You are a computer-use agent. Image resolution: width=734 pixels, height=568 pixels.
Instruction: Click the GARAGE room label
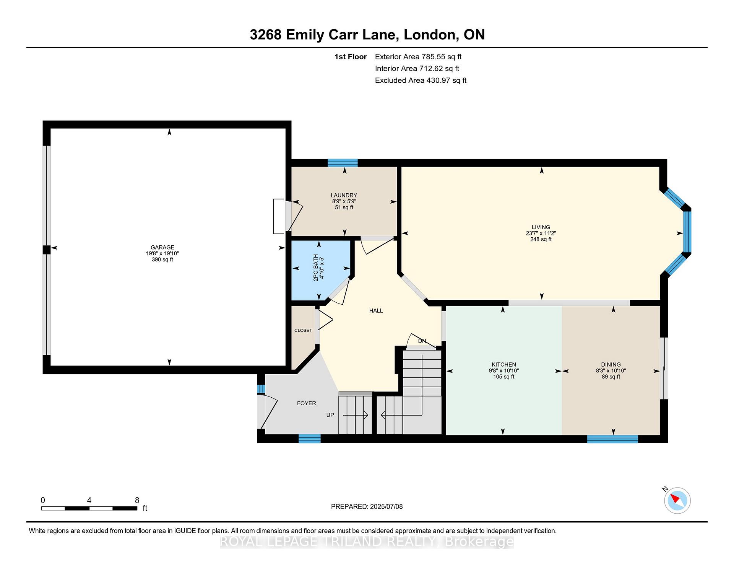click(x=162, y=247)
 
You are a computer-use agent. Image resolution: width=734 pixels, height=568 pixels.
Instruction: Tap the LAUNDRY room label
click(x=344, y=195)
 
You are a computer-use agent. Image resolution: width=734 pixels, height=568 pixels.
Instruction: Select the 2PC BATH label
click(x=316, y=268)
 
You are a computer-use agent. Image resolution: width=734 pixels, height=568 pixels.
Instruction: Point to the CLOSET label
click(x=303, y=330)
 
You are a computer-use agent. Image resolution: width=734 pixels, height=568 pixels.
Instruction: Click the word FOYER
click(x=307, y=403)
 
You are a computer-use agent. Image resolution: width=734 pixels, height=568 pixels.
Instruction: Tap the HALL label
click(x=376, y=311)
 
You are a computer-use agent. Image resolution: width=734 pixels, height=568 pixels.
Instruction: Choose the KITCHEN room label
click(x=504, y=364)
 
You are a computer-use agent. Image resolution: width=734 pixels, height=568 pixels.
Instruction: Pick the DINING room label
click(x=611, y=364)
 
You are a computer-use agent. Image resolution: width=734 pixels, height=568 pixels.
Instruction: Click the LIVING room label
click(x=541, y=227)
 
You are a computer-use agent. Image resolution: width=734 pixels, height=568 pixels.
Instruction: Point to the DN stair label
click(x=422, y=341)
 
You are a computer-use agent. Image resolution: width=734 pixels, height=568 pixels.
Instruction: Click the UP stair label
click(x=330, y=415)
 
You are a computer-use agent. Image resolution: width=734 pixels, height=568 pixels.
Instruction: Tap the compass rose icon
click(x=677, y=500)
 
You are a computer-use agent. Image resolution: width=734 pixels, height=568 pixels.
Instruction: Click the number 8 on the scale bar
click(x=137, y=500)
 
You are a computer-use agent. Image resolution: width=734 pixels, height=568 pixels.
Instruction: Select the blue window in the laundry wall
click(x=343, y=163)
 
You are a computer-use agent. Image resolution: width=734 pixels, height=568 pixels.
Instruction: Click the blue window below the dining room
click(x=612, y=439)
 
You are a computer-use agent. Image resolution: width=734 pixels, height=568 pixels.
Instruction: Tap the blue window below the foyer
click(x=309, y=439)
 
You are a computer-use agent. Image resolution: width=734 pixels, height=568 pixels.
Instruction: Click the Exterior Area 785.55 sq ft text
click(x=418, y=57)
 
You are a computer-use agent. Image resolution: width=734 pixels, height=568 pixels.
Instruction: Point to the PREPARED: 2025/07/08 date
click(x=367, y=506)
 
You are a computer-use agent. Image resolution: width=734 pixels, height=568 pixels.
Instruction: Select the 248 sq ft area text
click(x=541, y=239)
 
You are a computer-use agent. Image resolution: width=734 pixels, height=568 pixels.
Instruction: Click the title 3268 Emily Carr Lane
click(x=322, y=34)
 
